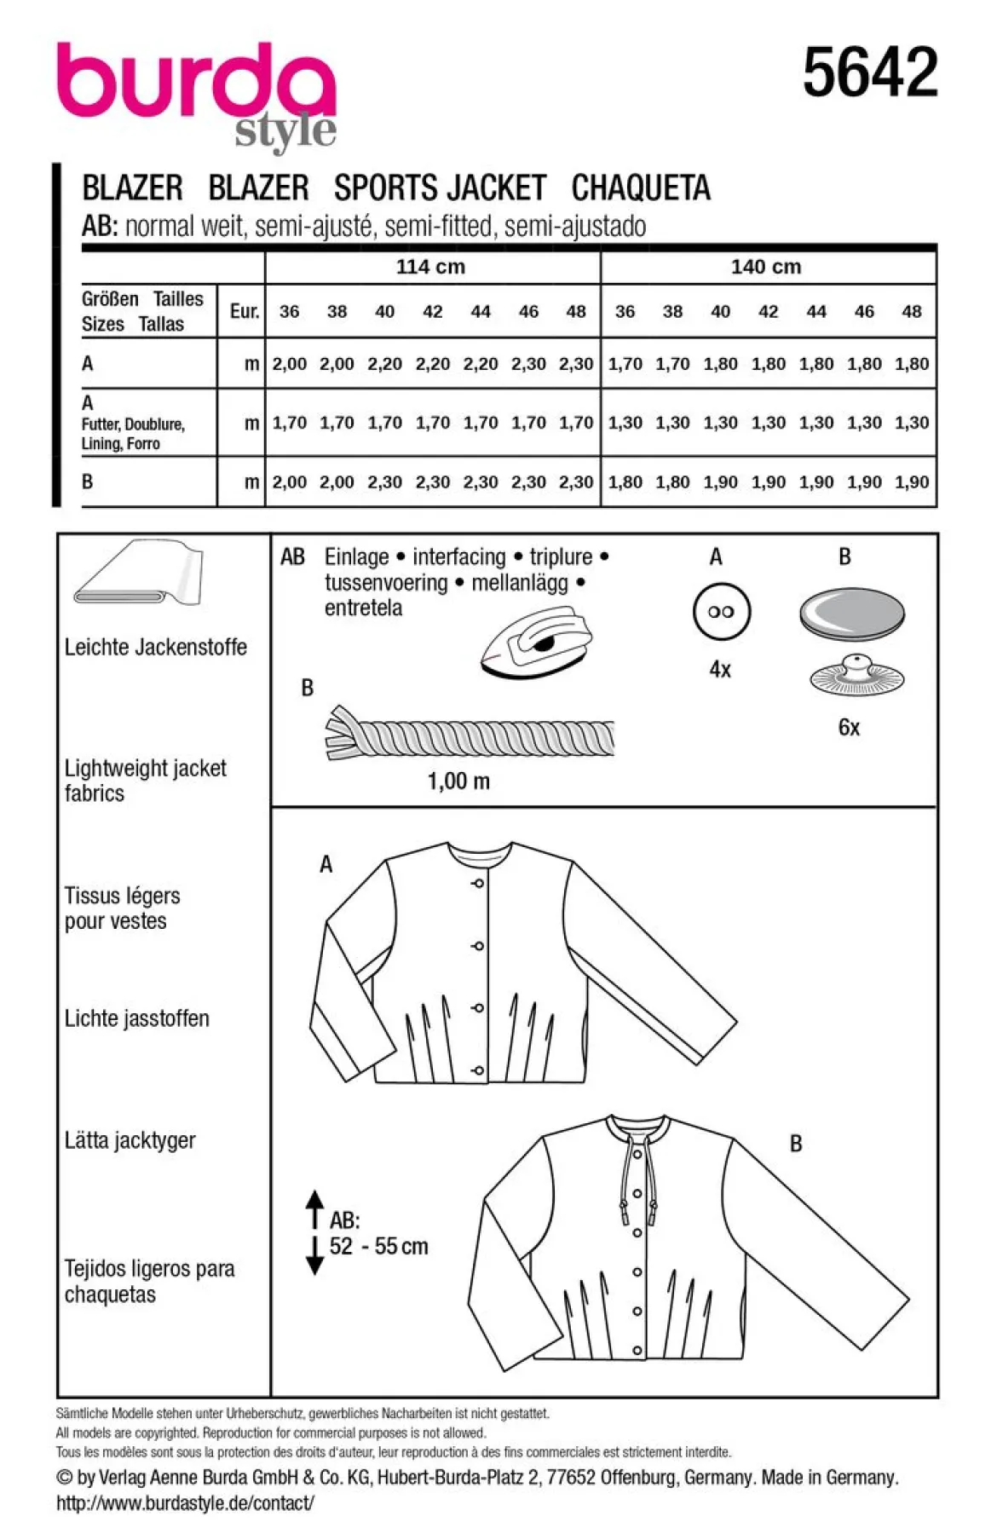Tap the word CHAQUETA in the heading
pos(641,187)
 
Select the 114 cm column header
pos(430,267)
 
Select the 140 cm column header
pos(766,267)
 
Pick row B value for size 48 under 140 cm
pos(912,481)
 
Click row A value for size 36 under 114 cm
pos(290,364)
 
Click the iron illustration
pos(537,643)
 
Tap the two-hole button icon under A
pos(720,611)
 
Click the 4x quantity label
pos(720,670)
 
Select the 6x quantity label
pos(849,727)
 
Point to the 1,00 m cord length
pos(458,781)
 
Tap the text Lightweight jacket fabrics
pos(146,781)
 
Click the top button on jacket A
pos(478,884)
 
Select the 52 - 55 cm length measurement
pos(378,1246)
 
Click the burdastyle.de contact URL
pos(185,1502)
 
